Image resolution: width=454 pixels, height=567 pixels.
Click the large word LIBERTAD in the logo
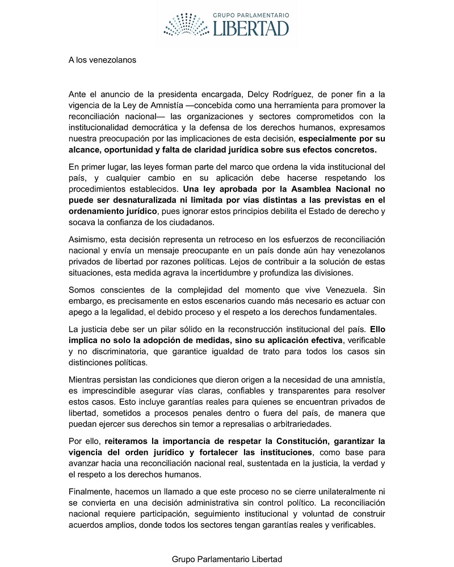click(x=251, y=28)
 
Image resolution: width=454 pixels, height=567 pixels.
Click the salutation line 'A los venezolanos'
click(x=102, y=60)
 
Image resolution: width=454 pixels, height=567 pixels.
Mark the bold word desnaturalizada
click(x=132, y=200)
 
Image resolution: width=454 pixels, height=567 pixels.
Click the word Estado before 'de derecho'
click(x=330, y=211)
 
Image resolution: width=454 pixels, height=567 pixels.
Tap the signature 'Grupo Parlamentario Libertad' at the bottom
click(x=227, y=559)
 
